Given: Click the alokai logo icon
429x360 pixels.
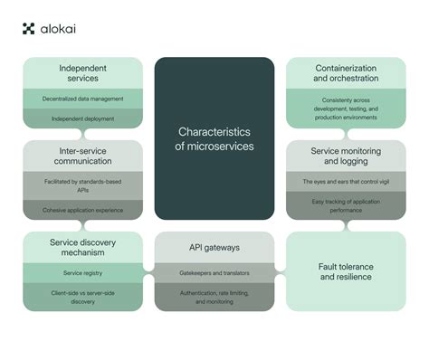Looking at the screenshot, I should click(x=28, y=29).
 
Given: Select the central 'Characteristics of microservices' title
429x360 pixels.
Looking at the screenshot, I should click(x=214, y=138).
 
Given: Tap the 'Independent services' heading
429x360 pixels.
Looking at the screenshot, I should click(x=82, y=73).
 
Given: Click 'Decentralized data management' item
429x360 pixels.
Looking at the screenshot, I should click(x=82, y=98).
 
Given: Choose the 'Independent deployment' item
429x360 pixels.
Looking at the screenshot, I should click(x=82, y=118).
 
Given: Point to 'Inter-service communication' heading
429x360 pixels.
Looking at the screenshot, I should click(x=82, y=156).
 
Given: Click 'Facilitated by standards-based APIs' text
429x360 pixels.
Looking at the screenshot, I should click(x=82, y=185).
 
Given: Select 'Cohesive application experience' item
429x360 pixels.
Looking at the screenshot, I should click(x=82, y=210).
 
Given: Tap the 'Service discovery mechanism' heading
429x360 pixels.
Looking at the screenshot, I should click(x=82, y=247).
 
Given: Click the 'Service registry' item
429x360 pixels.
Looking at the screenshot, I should click(x=82, y=272).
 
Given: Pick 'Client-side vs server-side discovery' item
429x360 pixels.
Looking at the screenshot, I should click(x=82, y=296).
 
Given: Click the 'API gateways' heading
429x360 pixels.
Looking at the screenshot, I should click(x=214, y=246).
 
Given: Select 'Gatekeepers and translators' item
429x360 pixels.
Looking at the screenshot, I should click(x=214, y=271).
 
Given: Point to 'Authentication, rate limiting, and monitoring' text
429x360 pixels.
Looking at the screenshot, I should click(x=214, y=296).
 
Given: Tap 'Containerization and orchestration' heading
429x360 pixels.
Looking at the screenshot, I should click(x=347, y=73).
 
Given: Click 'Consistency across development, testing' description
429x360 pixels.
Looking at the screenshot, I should click(x=347, y=108).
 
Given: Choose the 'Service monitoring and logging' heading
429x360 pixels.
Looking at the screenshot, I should click(x=347, y=156).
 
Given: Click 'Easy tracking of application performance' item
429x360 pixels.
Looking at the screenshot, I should click(x=347, y=205).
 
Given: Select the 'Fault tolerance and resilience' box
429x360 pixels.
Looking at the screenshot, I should click(x=347, y=271).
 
